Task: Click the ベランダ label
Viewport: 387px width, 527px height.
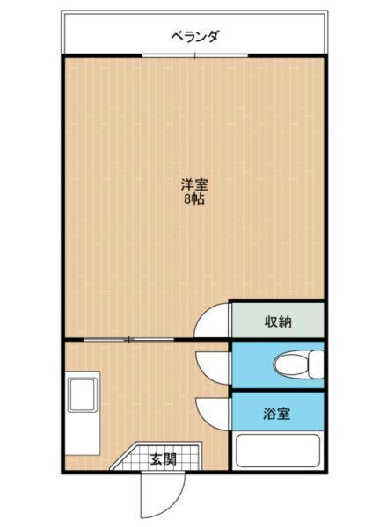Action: [194, 36]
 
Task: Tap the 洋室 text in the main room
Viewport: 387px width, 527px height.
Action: [194, 185]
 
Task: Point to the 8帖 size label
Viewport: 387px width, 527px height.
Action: [194, 199]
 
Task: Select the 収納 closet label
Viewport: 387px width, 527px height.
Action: [278, 321]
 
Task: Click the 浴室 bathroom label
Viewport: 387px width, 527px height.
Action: [277, 413]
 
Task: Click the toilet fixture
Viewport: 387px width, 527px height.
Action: [296, 363]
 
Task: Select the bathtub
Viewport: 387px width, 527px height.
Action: [279, 451]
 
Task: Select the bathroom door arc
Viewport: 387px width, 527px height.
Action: [213, 411]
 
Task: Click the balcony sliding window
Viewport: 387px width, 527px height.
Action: [194, 55]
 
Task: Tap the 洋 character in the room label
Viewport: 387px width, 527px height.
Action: [187, 185]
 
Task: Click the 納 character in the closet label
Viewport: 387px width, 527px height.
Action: [285, 321]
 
